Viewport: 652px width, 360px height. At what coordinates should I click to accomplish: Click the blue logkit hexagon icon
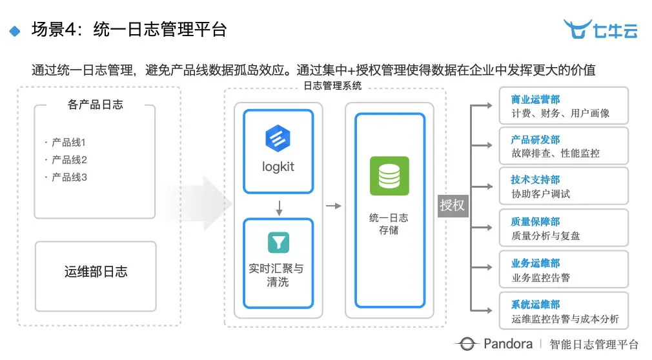[278, 138]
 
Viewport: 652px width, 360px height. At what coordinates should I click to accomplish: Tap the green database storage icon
[389, 175]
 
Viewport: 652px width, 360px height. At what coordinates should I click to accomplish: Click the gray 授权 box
[453, 205]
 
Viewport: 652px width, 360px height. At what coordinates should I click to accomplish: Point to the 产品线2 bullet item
[69, 159]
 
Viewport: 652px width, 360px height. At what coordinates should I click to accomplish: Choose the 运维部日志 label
[96, 271]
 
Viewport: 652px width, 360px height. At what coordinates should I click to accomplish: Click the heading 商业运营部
[535, 99]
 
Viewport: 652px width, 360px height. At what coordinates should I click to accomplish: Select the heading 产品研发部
[535, 139]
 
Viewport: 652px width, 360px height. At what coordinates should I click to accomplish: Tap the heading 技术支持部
[535, 180]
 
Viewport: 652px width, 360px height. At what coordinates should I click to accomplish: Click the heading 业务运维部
[535, 263]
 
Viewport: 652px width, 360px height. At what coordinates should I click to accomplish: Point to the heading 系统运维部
[535, 305]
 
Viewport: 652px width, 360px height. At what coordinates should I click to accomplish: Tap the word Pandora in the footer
[507, 344]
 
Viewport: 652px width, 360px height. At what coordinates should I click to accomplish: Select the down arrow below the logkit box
[278, 208]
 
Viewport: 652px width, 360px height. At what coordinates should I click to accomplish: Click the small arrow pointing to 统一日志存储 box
[333, 206]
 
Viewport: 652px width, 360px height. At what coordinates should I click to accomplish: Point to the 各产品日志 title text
[95, 104]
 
